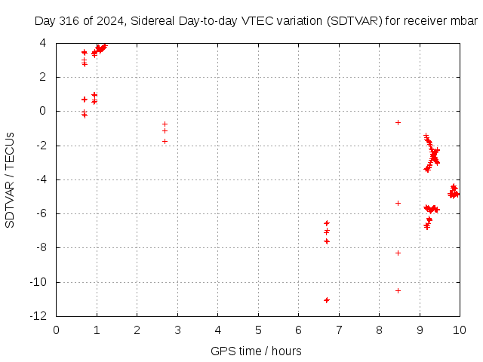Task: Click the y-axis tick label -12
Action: click(38, 316)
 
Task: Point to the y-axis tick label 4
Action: click(43, 43)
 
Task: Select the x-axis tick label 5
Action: click(258, 330)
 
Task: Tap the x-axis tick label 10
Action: click(460, 330)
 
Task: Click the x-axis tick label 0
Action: click(56, 330)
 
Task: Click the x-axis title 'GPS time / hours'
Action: click(256, 351)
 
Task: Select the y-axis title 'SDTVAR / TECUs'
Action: click(10, 180)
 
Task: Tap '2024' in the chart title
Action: click(110, 21)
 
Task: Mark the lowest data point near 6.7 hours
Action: click(327, 300)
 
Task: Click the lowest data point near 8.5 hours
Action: click(398, 290)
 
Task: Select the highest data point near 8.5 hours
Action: click(398, 122)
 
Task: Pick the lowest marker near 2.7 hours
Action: click(165, 141)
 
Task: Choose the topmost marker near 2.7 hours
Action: click(165, 124)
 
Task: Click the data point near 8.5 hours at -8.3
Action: click(398, 253)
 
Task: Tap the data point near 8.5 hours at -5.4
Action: click(398, 203)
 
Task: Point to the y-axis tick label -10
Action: click(38, 281)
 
